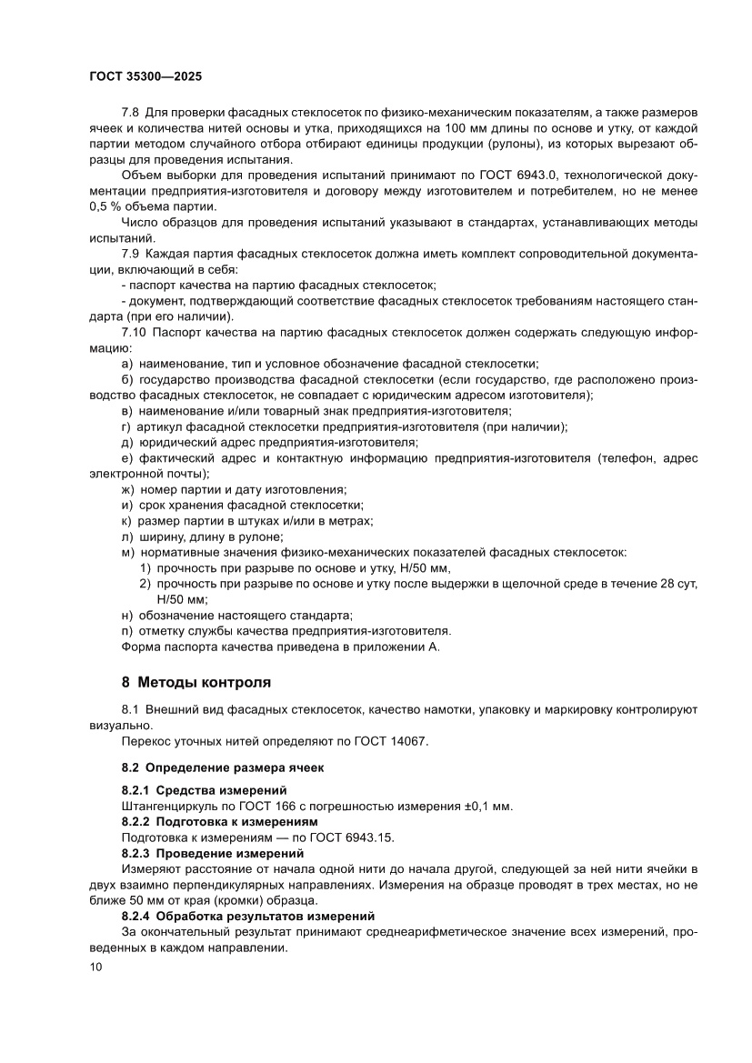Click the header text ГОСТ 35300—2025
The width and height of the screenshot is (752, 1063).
tap(145, 78)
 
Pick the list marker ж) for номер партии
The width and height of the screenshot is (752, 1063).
tap(127, 489)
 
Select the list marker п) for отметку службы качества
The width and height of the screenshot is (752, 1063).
tap(127, 630)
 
